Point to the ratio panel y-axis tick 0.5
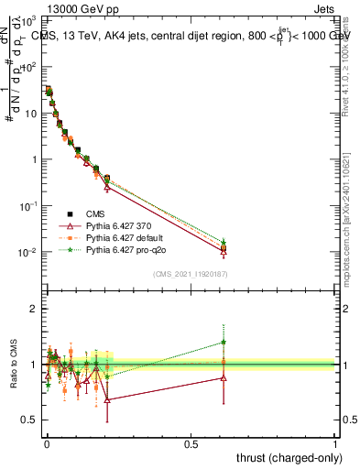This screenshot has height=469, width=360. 30,420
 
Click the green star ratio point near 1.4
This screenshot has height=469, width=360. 224,343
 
